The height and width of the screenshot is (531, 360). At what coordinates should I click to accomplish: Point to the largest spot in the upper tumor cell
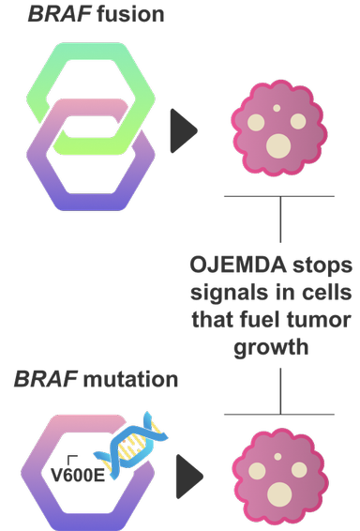click(x=277, y=145)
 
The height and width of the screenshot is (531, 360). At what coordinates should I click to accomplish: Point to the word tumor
click(x=322, y=321)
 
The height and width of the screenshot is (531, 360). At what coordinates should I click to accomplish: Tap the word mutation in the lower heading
click(x=130, y=380)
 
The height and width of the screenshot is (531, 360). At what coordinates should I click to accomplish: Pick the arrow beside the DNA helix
click(x=191, y=478)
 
